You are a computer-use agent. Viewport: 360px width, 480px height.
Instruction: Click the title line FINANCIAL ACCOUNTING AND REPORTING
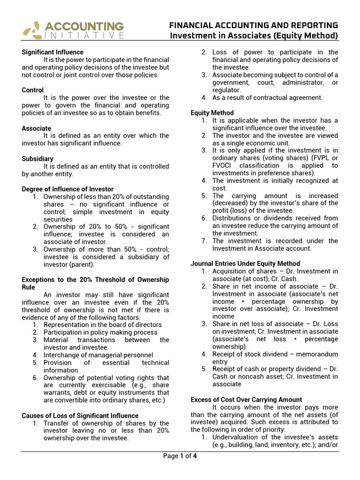click(x=254, y=25)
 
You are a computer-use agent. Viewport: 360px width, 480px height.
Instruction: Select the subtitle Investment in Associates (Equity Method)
click(x=254, y=36)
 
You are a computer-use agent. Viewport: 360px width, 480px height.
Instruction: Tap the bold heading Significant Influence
click(x=52, y=52)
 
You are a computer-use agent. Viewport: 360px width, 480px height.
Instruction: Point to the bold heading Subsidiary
click(x=37, y=158)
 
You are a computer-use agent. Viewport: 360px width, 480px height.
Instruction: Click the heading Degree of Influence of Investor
click(x=67, y=189)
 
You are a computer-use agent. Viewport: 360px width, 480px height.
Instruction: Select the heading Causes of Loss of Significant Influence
click(x=80, y=415)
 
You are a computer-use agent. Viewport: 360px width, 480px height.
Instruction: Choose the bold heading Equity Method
click(x=212, y=112)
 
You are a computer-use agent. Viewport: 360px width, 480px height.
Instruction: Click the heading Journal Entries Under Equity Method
click(x=245, y=263)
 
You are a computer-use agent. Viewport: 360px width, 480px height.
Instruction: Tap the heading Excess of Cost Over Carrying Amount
click(x=246, y=399)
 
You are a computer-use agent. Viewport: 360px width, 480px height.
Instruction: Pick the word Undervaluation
click(x=237, y=437)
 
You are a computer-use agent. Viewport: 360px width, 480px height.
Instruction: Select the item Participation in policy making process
click(x=100, y=332)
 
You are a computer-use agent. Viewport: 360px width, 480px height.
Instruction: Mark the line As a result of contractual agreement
click(x=267, y=97)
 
